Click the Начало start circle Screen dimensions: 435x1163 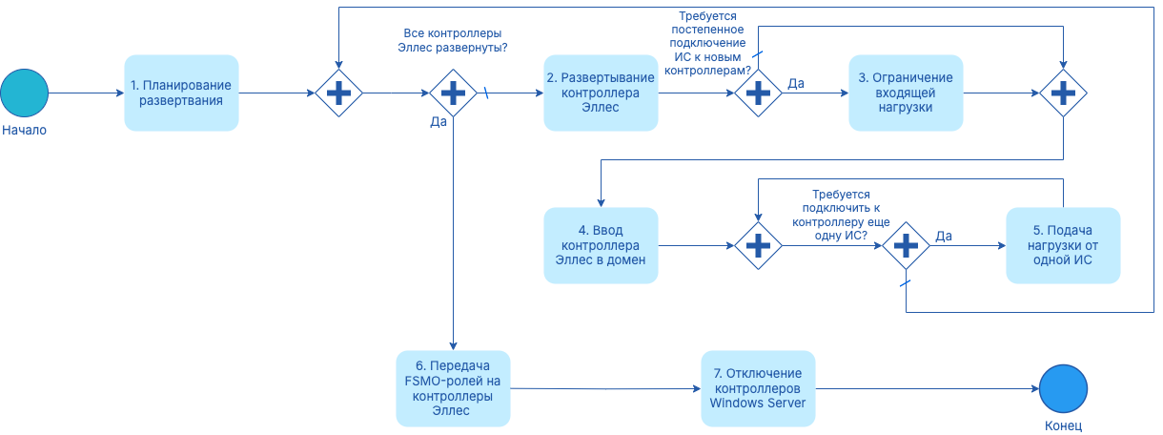point(24,93)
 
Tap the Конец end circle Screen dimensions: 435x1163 point(1063,389)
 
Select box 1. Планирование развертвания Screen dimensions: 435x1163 point(181,93)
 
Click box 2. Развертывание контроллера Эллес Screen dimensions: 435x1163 point(601,93)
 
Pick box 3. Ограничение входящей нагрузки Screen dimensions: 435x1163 point(906,93)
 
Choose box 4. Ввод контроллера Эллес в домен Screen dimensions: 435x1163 point(601,245)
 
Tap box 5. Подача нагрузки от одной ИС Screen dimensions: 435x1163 point(1063,245)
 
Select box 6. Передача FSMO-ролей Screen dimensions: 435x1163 point(453,388)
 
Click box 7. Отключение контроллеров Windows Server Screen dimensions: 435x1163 point(758,388)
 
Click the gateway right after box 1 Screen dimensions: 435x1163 point(338,93)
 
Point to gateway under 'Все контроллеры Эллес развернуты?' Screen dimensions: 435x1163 point(453,93)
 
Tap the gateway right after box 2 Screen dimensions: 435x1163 point(758,93)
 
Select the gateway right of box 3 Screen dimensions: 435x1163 point(1063,93)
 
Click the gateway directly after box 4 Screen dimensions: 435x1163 point(758,245)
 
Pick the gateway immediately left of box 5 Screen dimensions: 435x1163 point(905,245)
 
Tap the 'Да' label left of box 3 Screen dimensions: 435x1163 point(795,84)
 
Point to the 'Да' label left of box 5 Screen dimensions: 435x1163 point(944,236)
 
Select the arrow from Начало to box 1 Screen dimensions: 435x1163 point(86,93)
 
